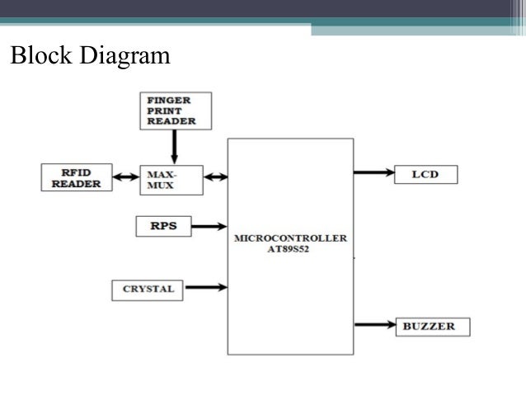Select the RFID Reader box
tap(77, 178)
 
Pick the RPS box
tap(162, 225)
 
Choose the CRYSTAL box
tap(148, 289)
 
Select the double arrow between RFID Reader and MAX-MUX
tap(125, 177)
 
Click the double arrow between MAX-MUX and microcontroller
tap(214, 176)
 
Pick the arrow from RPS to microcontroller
tap(209, 225)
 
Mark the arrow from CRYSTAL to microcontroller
tap(206, 288)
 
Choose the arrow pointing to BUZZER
tap(374, 325)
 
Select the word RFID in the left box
tap(77, 172)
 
